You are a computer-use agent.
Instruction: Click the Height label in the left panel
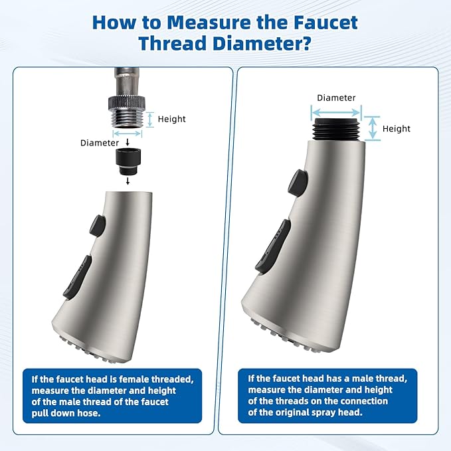tap(172, 119)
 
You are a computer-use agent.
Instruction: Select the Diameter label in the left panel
tap(100, 143)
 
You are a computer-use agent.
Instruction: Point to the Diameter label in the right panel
tap(336, 98)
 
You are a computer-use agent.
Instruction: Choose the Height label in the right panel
tap(397, 129)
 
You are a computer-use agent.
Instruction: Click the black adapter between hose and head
tap(128, 161)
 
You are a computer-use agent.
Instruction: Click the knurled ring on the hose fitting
tap(127, 102)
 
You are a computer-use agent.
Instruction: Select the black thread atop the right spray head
tap(337, 130)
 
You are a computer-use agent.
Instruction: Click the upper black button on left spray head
tap(98, 226)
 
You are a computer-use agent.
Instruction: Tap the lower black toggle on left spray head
tap(77, 277)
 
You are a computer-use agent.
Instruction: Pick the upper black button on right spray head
tap(298, 182)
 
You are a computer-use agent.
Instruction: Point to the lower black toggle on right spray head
tap(273, 246)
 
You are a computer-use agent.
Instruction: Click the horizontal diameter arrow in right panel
tap(336, 113)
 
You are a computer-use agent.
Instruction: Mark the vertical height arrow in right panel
tap(373, 128)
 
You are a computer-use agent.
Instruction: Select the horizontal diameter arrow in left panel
tap(128, 134)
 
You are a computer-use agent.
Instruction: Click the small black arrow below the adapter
tap(128, 181)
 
